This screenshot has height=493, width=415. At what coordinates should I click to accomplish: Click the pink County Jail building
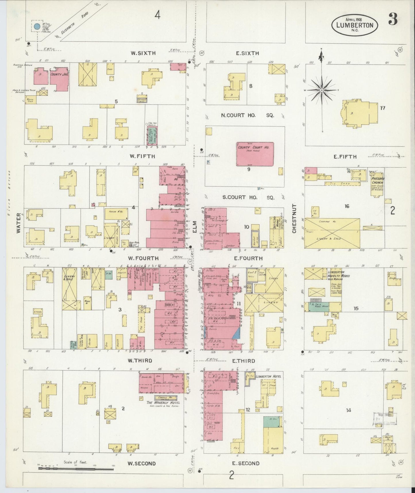(59, 80)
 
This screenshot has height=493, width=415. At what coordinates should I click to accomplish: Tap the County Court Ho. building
(255, 154)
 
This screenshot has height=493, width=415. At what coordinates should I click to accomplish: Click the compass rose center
(322, 90)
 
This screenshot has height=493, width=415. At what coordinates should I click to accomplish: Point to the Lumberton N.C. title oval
(355, 25)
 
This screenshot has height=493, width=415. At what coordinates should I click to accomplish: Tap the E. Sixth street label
(247, 53)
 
